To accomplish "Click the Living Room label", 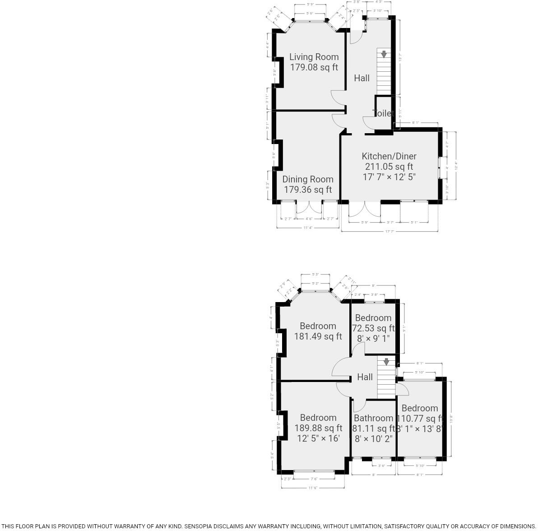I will click(x=314, y=57).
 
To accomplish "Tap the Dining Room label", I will click(x=308, y=179).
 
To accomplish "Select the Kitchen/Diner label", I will click(x=389, y=156).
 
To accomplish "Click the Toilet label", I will click(x=383, y=113).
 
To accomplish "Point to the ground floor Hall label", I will click(x=362, y=78).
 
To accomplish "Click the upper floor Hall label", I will click(x=365, y=377).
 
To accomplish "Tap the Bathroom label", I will click(x=373, y=418).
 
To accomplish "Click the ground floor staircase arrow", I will click(x=384, y=54).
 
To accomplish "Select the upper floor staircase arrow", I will click(x=386, y=362).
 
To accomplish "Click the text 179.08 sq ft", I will click(x=314, y=68).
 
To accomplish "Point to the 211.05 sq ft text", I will click(x=389, y=167).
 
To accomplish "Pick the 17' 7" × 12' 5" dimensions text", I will click(x=389, y=177).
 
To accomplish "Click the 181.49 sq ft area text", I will click(x=318, y=336).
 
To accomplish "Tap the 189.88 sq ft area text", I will click(x=318, y=428).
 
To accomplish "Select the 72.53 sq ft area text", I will click(x=373, y=328).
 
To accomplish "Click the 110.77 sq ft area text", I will click(x=420, y=419).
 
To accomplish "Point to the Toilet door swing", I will click(x=368, y=122).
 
